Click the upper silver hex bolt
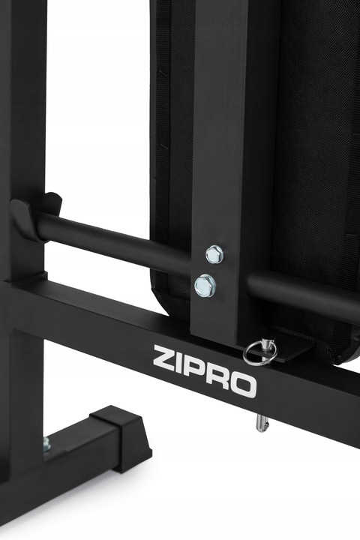coord(214,254)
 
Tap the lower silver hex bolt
coord(205,286)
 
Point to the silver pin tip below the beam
coord(261,422)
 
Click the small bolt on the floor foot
coord(46,444)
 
